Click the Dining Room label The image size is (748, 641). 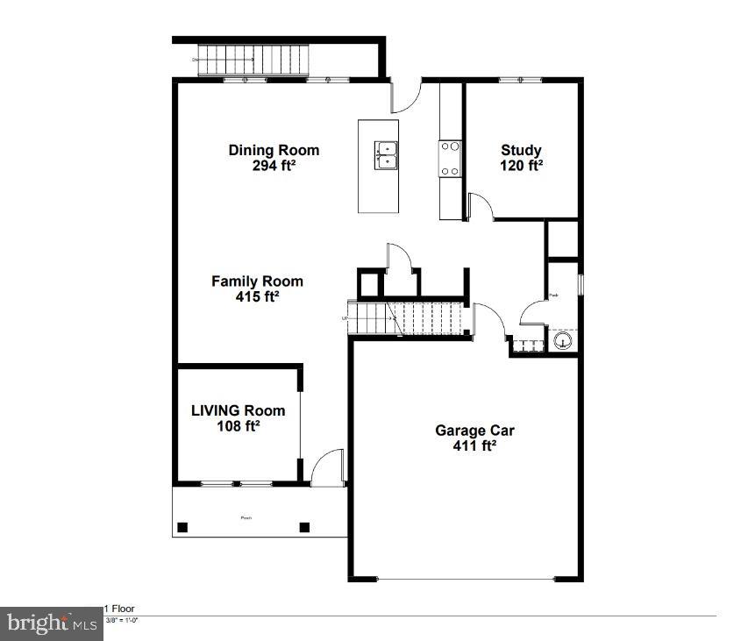pos(274,150)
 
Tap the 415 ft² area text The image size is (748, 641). pos(257,296)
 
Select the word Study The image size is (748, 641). pos(521,150)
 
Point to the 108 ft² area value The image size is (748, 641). pos(239,426)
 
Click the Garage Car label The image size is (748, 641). pos(474,431)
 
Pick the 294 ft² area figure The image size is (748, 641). pos(274,166)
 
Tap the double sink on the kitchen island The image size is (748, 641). pos(386,155)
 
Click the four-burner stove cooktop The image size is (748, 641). pos(450,160)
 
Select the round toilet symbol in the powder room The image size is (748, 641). pos(563,339)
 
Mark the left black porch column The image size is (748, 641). pos(182,527)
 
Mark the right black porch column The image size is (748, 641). pos(304,527)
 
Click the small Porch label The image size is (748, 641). pos(246,517)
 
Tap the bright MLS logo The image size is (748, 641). pos(51,623)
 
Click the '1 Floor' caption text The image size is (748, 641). pos(120,609)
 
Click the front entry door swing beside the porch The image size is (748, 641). pos(327,467)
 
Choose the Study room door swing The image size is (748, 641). pos(481,207)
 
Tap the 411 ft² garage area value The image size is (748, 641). pos(474,446)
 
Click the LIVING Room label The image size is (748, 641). pos(239,410)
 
